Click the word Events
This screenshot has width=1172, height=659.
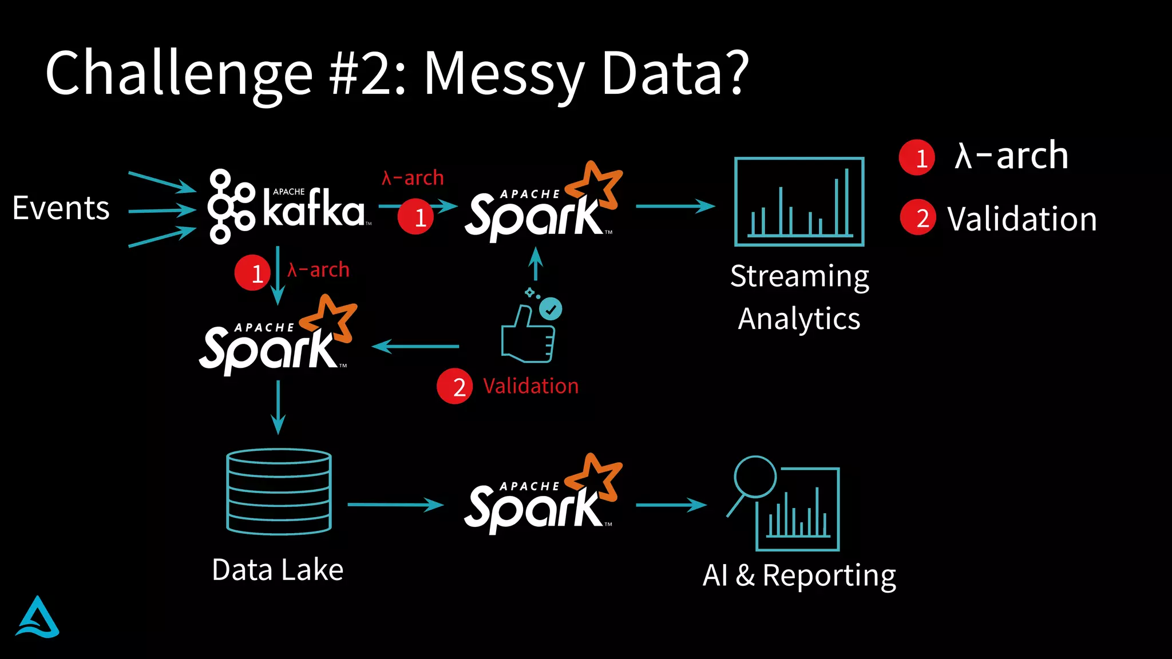click(x=61, y=208)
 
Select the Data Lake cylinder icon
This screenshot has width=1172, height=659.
click(x=279, y=492)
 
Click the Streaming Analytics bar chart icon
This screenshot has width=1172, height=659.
click(x=799, y=202)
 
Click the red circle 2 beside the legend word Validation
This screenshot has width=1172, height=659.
click(x=917, y=218)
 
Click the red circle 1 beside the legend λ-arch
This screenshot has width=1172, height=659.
click(x=917, y=157)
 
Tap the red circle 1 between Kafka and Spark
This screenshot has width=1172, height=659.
click(x=416, y=217)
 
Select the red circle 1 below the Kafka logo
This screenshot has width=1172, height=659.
click(x=252, y=273)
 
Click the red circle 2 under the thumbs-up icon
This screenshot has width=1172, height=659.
click(x=454, y=386)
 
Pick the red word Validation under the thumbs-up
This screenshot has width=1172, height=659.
click(x=530, y=386)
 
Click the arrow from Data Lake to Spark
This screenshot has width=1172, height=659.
click(x=395, y=505)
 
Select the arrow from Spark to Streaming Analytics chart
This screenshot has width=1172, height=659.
click(x=675, y=206)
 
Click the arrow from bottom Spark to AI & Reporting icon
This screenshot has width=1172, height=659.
click(x=671, y=505)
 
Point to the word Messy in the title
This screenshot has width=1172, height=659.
click(x=504, y=74)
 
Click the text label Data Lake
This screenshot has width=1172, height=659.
click(x=278, y=570)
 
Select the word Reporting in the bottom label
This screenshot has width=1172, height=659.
click(x=829, y=575)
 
